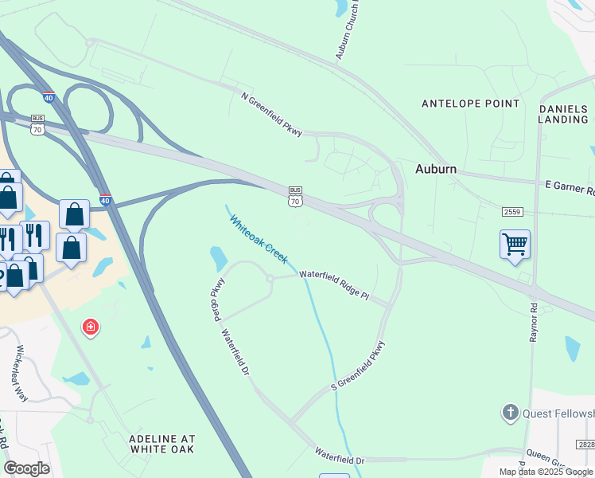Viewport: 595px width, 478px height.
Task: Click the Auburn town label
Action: [x=436, y=169]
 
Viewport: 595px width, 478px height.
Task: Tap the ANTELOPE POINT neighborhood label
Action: [x=470, y=104]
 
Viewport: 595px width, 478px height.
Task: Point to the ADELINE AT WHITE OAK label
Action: [x=162, y=444]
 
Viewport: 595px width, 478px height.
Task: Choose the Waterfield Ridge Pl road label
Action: [x=334, y=284]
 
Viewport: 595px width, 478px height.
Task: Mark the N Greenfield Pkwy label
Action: [x=271, y=114]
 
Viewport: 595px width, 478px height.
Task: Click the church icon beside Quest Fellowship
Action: [x=510, y=413]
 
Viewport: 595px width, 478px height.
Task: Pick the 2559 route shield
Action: [x=512, y=211]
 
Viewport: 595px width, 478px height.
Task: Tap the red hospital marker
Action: [x=91, y=327]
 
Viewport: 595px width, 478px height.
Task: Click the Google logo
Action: [x=26, y=468]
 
